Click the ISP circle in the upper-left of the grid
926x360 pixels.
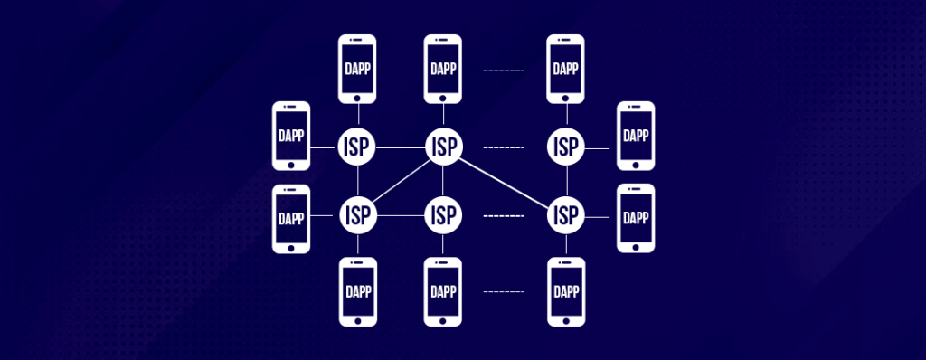357,147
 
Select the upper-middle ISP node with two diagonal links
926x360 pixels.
443,147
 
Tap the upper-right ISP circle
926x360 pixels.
567,147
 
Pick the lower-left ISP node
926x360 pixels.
357,215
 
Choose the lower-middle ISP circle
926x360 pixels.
443,215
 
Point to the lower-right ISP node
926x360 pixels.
567,215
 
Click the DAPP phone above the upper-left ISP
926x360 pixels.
357,69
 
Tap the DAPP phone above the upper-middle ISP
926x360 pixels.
443,69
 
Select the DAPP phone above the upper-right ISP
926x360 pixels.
567,69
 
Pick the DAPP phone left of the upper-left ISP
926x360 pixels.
291,136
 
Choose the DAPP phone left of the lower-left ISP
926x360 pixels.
291,219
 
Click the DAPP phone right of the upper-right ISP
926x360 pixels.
636,136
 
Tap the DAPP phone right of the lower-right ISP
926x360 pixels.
636,219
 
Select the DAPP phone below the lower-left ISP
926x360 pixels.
357,291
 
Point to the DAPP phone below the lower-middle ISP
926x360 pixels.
443,291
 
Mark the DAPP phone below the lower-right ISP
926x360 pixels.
567,291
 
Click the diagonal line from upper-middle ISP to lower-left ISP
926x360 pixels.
401,181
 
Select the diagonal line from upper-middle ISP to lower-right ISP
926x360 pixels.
505,181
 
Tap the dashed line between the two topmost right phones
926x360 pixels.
505,70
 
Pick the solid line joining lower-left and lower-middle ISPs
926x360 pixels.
401,215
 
